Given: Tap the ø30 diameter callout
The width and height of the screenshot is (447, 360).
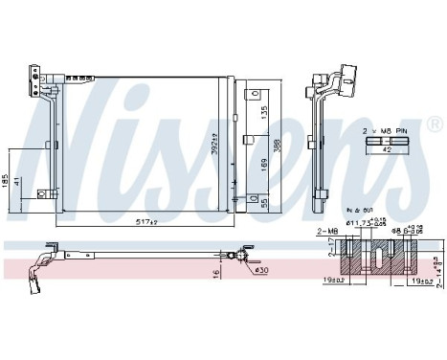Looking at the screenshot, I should click(x=260, y=270).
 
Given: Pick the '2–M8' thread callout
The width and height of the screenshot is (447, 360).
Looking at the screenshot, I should click(x=327, y=230).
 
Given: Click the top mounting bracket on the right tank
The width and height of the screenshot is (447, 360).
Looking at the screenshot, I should click(x=253, y=94).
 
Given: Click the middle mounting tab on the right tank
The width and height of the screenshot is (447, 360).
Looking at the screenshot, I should click(x=253, y=144).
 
